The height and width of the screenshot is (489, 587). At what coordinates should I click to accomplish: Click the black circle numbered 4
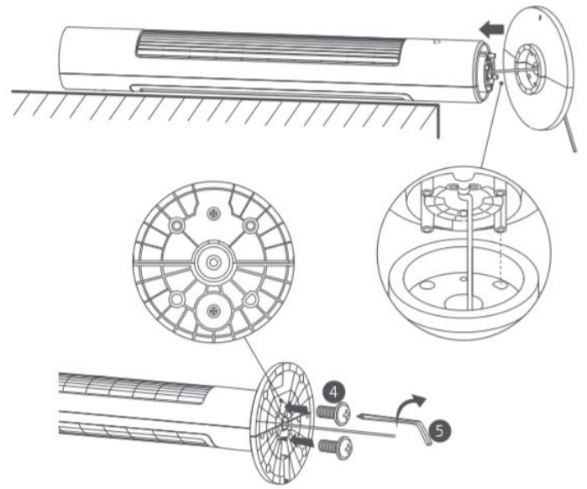click(x=334, y=392)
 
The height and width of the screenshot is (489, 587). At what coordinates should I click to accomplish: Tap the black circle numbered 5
click(x=439, y=431)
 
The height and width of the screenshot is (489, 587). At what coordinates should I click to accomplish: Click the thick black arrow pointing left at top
click(x=491, y=29)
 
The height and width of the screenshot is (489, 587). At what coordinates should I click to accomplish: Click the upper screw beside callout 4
click(x=334, y=413)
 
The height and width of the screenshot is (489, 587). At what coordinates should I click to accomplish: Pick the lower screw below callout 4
click(x=335, y=447)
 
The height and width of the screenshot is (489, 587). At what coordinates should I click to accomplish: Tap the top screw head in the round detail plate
click(x=214, y=213)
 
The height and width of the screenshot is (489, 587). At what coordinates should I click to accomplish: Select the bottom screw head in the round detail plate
click(x=214, y=310)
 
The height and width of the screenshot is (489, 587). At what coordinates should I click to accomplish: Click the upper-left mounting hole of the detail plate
click(x=176, y=225)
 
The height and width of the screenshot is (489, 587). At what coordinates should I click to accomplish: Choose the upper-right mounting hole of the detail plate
click(x=250, y=225)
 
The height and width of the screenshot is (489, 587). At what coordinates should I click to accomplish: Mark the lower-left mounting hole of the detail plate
click(x=177, y=299)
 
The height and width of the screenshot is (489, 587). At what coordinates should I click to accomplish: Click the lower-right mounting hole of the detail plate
click(x=250, y=299)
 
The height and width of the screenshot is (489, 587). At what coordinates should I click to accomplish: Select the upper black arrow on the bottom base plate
click(x=297, y=408)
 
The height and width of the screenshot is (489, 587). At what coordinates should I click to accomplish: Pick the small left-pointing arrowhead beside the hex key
click(x=362, y=415)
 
